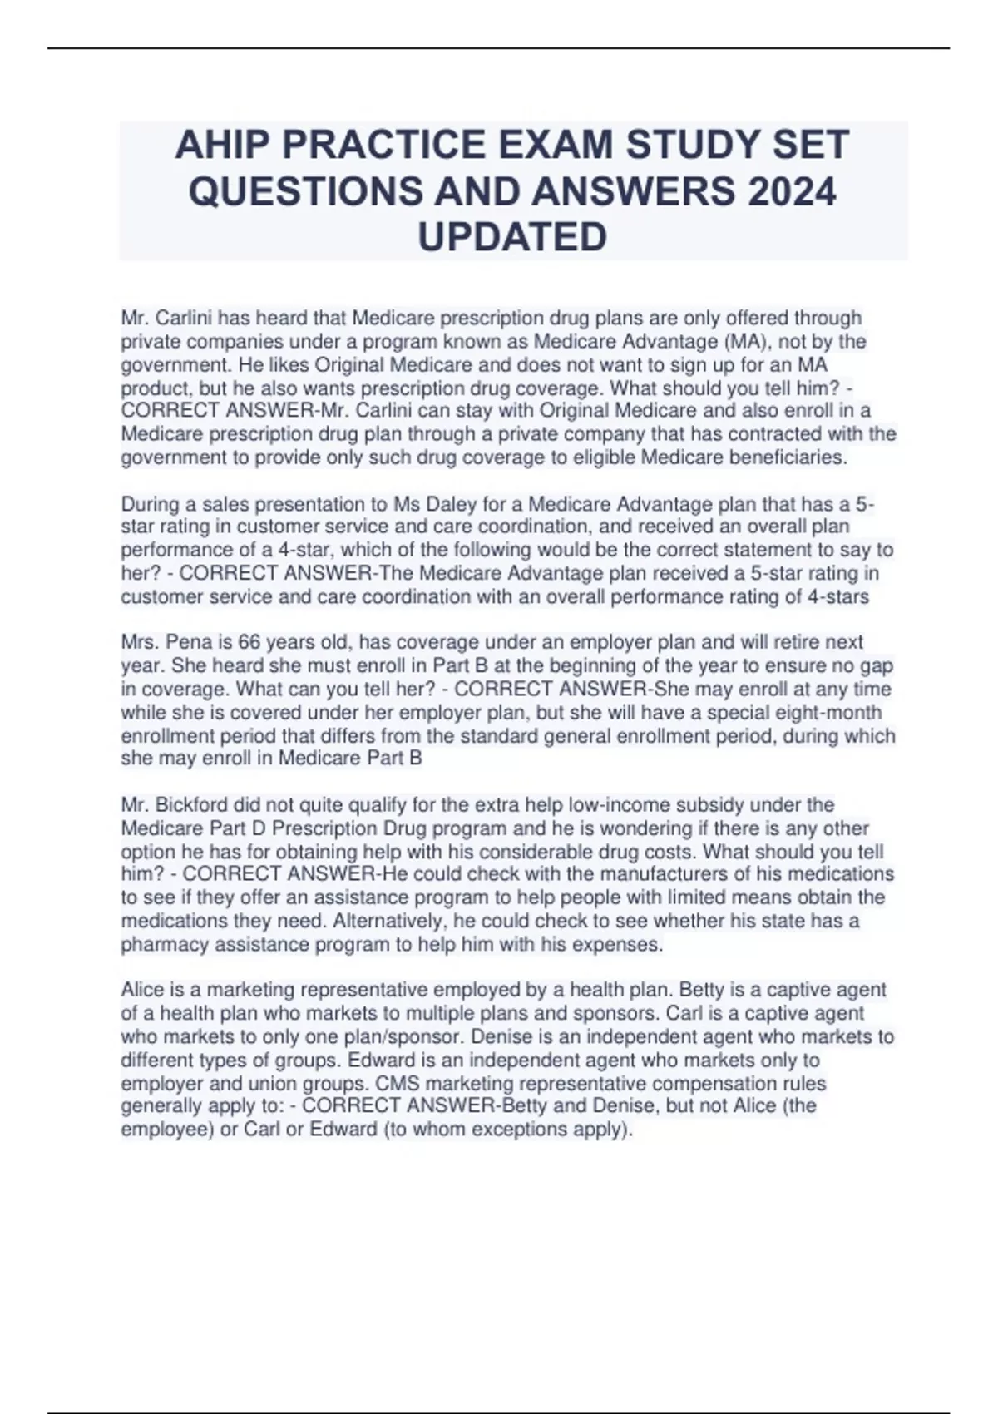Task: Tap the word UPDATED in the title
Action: [512, 238]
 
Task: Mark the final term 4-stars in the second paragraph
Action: [839, 597]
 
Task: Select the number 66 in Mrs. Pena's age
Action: [249, 643]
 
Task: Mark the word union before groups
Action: [246, 1084]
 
